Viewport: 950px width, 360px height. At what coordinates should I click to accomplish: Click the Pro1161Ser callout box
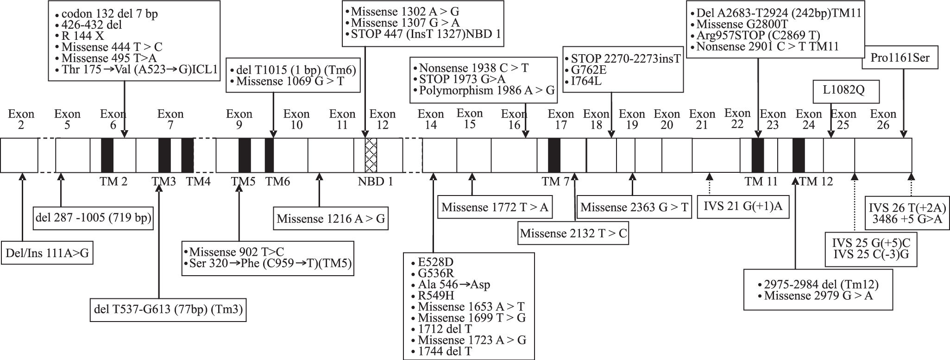point(900,58)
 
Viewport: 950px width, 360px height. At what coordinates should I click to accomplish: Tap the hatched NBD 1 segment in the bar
point(371,155)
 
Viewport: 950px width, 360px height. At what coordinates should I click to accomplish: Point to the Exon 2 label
point(21,119)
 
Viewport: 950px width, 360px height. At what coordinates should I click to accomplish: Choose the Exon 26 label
point(883,119)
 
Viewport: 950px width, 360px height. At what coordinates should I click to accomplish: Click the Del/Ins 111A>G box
point(47,253)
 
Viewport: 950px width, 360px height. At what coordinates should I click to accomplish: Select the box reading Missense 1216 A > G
point(331,218)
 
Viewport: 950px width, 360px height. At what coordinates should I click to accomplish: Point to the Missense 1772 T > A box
point(495,207)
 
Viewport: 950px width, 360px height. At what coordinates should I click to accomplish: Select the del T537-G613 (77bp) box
point(168,309)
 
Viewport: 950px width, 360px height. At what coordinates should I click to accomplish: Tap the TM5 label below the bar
point(243,182)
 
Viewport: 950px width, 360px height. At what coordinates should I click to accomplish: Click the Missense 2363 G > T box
point(634,207)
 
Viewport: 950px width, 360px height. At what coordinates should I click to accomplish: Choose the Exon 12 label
point(383,119)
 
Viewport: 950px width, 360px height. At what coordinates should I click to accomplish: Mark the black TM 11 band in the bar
point(758,155)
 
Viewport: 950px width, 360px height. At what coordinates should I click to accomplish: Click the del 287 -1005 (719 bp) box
point(94,217)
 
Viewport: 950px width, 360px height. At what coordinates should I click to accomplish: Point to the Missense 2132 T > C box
point(573,233)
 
